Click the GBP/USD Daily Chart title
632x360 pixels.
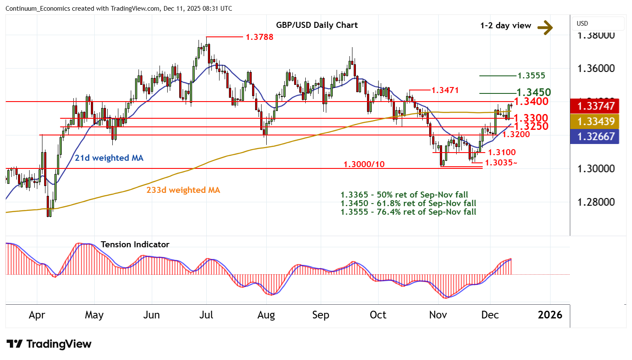click(317, 25)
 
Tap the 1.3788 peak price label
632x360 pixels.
click(259, 37)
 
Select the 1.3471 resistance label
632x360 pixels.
click(445, 90)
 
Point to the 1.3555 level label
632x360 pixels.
click(531, 76)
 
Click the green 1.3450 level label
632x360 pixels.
click(533, 93)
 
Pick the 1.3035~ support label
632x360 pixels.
click(501, 163)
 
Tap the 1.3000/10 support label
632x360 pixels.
click(364, 164)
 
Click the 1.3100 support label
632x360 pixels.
click(502, 152)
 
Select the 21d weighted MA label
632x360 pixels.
click(109, 158)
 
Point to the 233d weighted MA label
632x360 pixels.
click(183, 190)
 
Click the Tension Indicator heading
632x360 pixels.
click(135, 244)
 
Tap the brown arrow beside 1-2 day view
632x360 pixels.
click(545, 28)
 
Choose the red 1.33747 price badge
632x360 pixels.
click(596, 106)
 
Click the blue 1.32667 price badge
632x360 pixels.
click(596, 136)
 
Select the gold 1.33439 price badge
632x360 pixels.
click(596, 121)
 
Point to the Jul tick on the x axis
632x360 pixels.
click(206, 315)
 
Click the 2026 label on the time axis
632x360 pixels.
click(550, 315)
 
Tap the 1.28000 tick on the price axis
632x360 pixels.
click(596, 202)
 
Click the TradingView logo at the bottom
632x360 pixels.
click(49, 344)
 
